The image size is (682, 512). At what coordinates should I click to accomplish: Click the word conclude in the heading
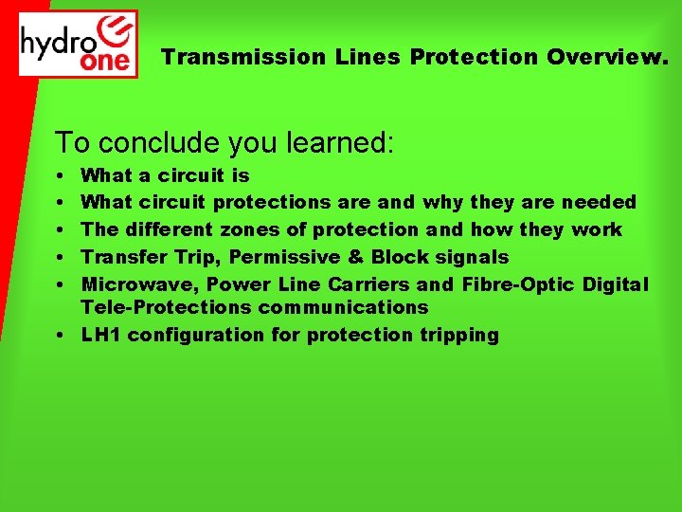152,142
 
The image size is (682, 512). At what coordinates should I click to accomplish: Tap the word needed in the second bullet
599,202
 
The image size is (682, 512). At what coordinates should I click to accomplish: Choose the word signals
472,257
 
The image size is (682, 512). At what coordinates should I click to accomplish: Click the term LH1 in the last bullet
101,335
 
